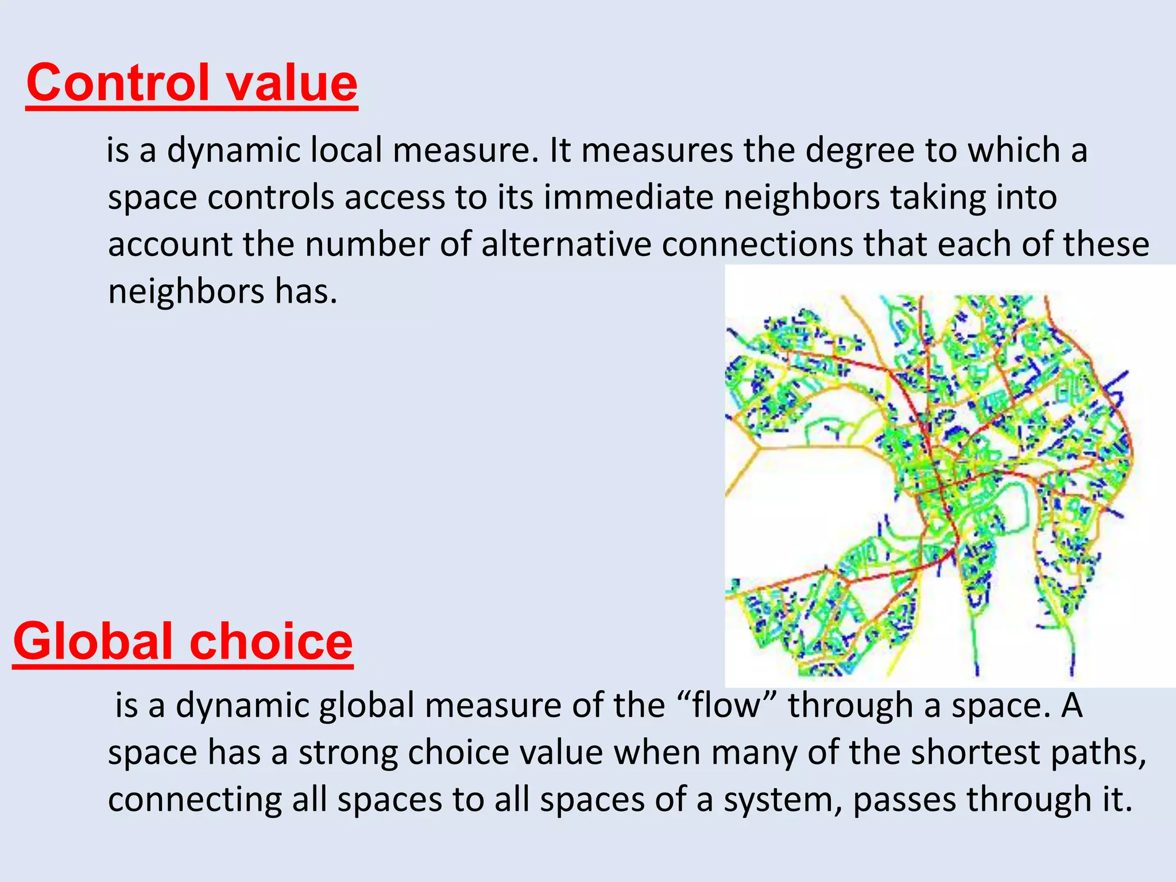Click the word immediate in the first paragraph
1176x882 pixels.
[628, 198]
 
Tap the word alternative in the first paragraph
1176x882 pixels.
[566, 244]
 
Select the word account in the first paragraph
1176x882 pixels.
[170, 244]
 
